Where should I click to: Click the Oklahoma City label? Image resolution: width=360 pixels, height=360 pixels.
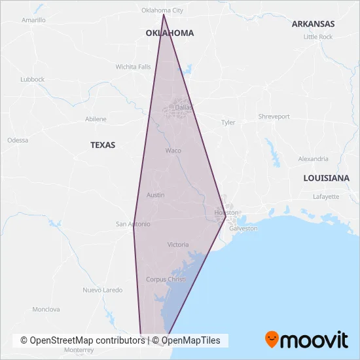pyautogui.click(x=163, y=10)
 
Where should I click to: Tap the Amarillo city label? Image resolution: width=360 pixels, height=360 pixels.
pyautogui.click(x=33, y=20)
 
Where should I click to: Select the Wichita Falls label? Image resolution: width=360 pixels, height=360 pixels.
pyautogui.click(x=133, y=67)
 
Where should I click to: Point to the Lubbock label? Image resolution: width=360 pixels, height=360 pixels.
pyautogui.click(x=32, y=79)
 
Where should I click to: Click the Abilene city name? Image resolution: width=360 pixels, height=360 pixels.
pyautogui.click(x=96, y=119)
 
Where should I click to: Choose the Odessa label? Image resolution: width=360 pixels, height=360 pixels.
pyautogui.click(x=18, y=140)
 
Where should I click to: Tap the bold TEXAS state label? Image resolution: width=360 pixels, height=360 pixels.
pyautogui.click(x=103, y=145)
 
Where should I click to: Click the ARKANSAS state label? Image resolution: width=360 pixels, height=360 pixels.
pyautogui.click(x=313, y=24)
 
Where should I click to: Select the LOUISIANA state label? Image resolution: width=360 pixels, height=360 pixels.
pyautogui.click(x=326, y=178)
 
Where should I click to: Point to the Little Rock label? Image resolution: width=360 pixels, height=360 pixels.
pyautogui.click(x=318, y=37)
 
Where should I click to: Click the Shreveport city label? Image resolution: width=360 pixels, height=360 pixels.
pyautogui.click(x=274, y=117)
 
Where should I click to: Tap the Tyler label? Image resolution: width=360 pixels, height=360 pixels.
pyautogui.click(x=228, y=122)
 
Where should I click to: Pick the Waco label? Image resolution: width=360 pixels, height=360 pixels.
pyautogui.click(x=173, y=151)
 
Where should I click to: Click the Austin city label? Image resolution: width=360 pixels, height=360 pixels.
pyautogui.click(x=156, y=195)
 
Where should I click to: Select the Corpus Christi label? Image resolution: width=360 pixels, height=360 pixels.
pyautogui.click(x=166, y=279)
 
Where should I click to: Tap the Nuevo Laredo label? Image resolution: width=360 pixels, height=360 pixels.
pyautogui.click(x=102, y=290)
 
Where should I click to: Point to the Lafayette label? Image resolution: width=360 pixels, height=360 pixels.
pyautogui.click(x=326, y=196)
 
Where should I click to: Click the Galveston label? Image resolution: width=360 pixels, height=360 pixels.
pyautogui.click(x=243, y=228)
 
